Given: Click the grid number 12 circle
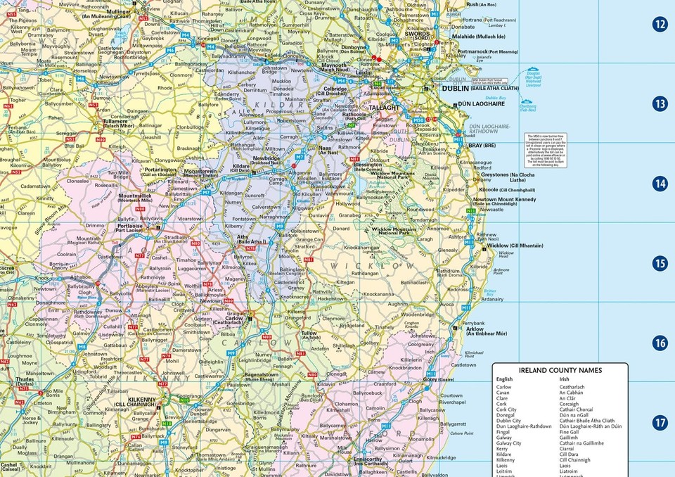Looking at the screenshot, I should [x=660, y=24].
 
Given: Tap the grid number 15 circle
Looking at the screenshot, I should [x=660, y=263].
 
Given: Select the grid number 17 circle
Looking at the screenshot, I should [x=660, y=423].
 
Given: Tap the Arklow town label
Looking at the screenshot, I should [x=475, y=329].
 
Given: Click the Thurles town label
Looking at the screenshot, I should [x=24, y=380].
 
